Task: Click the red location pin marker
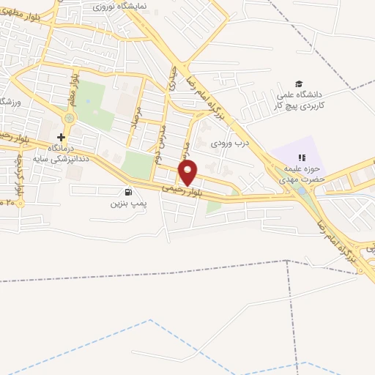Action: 188,172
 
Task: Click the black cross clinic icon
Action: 61,136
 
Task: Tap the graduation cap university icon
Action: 298,84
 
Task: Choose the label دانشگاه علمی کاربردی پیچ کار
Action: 298,100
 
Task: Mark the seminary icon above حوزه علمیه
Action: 300,157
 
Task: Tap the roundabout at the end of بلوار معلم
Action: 69,118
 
